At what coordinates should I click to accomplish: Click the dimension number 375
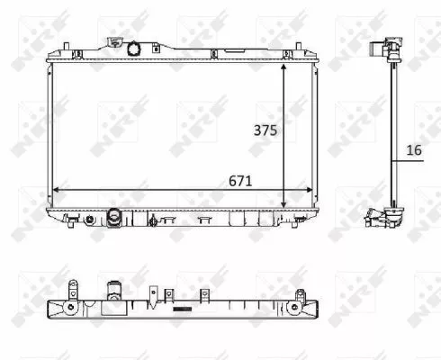coord(264,130)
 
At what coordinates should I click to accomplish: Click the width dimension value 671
coord(238,180)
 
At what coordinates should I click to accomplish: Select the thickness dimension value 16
coord(413,150)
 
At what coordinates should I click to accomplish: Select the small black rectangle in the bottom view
coord(184,309)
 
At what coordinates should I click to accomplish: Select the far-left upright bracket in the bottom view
coord(69,287)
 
